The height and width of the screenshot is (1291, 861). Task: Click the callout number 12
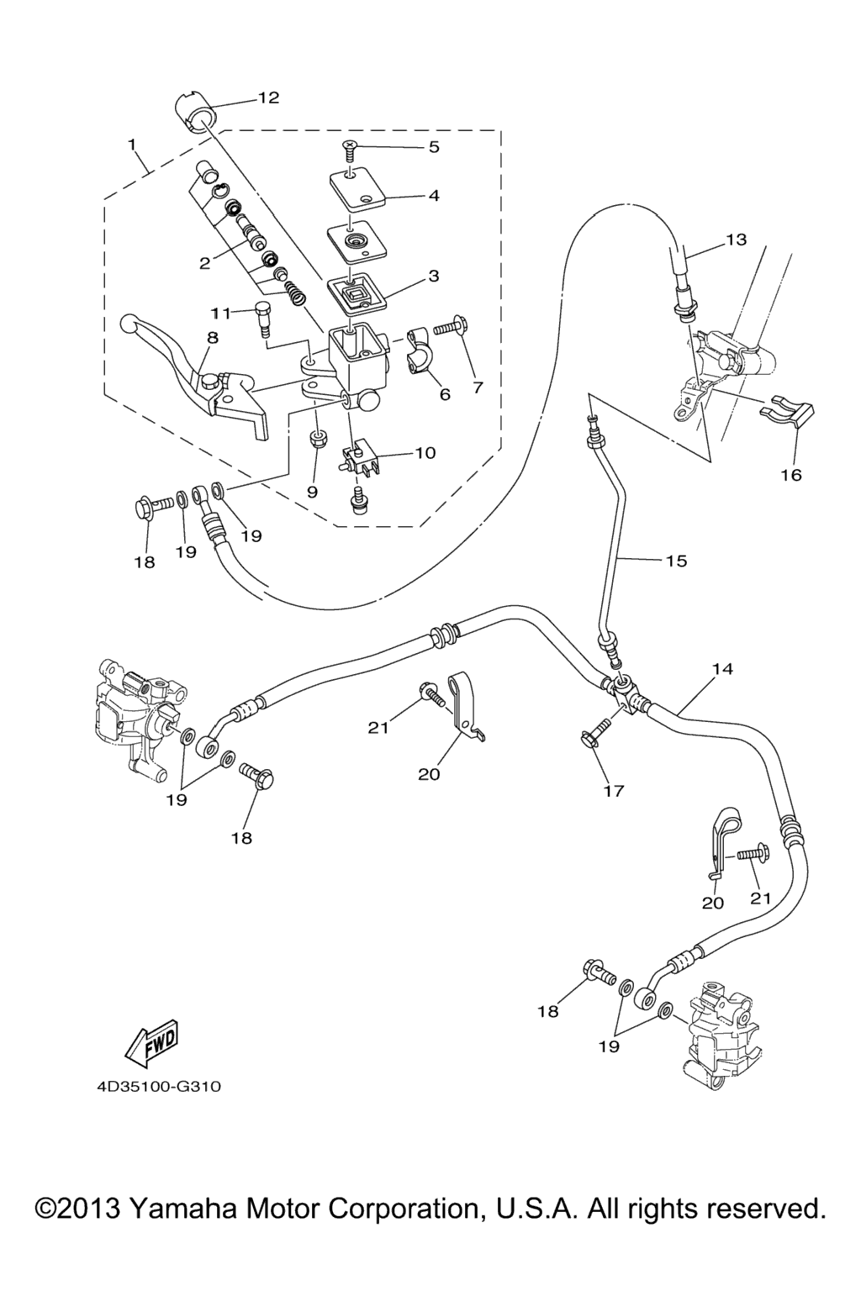(268, 97)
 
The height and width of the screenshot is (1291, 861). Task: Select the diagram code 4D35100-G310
(158, 1087)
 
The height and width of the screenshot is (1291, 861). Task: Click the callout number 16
(791, 475)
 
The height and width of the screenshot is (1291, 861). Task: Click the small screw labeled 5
(349, 150)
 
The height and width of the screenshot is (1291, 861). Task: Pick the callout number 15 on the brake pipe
(676, 561)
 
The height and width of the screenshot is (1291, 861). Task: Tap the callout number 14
(722, 669)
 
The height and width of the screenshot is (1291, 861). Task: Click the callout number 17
(614, 790)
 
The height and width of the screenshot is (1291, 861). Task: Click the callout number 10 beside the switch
(425, 453)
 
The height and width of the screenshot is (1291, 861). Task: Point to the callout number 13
(736, 240)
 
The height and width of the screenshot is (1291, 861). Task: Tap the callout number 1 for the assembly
(131, 144)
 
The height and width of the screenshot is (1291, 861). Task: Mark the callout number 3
(434, 275)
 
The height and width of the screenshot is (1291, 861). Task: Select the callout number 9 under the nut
(312, 492)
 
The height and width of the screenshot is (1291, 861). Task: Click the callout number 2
(204, 263)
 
